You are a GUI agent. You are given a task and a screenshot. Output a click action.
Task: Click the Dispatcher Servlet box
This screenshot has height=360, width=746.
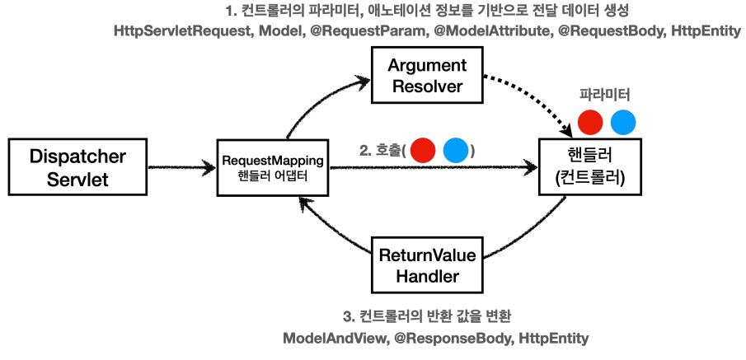(68, 167)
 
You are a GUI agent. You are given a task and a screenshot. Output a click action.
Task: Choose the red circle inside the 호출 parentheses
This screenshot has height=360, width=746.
(422, 151)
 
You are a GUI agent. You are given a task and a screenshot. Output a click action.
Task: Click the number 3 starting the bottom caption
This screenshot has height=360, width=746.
(345, 316)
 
